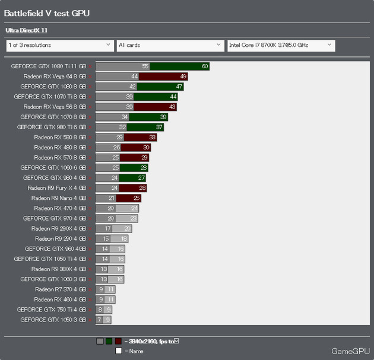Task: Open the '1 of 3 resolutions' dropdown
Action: tap(59, 45)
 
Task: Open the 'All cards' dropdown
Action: tap(169, 45)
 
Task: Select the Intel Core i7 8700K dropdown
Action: tap(281, 45)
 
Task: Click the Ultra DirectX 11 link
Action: tap(26, 30)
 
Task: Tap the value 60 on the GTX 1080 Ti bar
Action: tap(205, 66)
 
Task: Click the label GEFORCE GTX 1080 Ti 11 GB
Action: tap(48, 66)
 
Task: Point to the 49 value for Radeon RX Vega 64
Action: tap(183, 77)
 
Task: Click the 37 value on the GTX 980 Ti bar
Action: tap(159, 127)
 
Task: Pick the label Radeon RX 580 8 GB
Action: tap(60, 137)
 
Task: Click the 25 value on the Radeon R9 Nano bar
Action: tap(137, 197)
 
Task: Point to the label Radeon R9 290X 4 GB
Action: tap(59, 228)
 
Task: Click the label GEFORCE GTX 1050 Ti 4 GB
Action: tap(50, 259)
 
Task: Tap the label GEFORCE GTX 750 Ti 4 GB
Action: tap(52, 309)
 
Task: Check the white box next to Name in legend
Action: tap(119, 351)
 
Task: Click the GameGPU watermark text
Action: tap(350, 351)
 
